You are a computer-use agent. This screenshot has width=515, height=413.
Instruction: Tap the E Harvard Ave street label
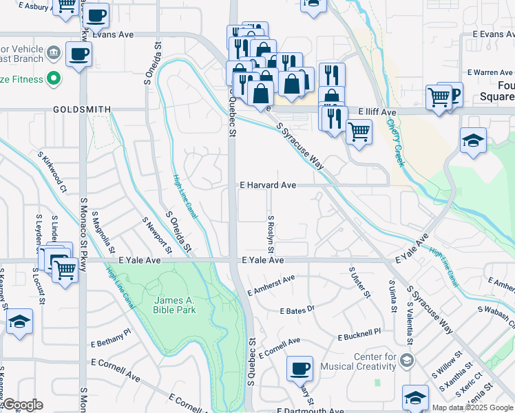tap(268, 185)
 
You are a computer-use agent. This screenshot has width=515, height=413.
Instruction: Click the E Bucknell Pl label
tap(359, 335)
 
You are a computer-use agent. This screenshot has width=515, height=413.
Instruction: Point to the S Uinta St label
tap(392, 296)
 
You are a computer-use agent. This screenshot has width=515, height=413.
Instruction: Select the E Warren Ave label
tap(490, 72)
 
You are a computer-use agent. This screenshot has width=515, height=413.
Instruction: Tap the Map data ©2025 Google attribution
tap(472, 407)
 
